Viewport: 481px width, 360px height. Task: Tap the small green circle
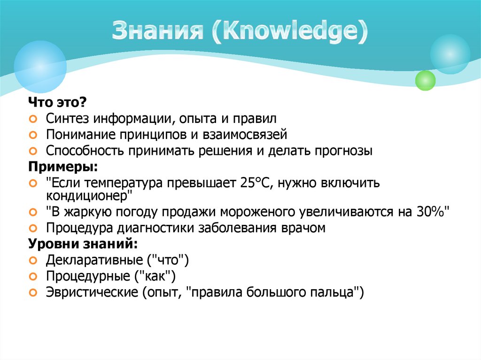click(x=426, y=80)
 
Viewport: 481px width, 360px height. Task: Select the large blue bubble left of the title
click(x=40, y=66)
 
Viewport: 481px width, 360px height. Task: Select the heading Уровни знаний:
click(x=83, y=245)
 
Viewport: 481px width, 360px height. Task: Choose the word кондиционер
click(x=89, y=194)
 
